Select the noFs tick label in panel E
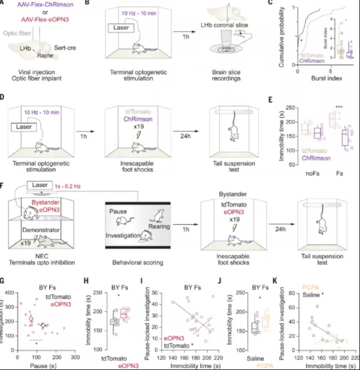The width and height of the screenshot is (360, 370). click(314, 173)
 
